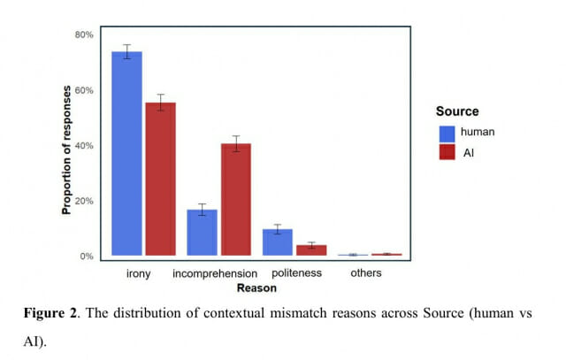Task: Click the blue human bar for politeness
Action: [x=278, y=242]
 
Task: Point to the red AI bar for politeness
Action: [x=311, y=250]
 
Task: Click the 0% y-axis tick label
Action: [x=86, y=257]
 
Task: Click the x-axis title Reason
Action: [x=256, y=288]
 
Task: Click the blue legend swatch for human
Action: [x=447, y=133]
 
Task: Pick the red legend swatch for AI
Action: [x=447, y=152]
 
